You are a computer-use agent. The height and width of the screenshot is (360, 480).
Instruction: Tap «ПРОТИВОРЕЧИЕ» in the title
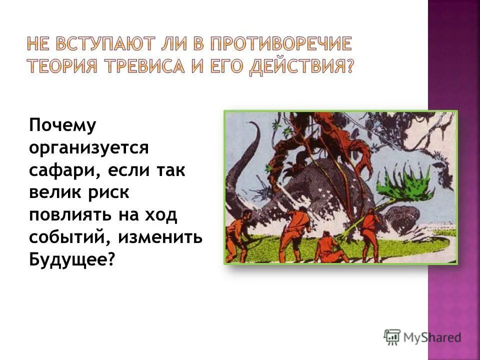pos(281,44)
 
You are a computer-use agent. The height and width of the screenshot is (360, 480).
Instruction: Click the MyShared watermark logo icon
pos(392,337)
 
